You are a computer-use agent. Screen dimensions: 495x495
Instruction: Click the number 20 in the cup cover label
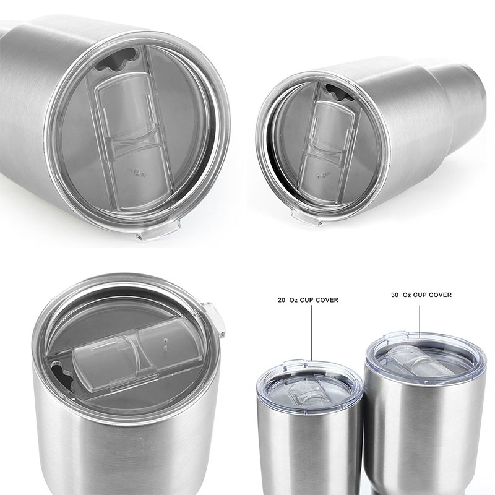(282, 300)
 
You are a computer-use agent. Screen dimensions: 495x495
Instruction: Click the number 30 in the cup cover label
(395, 295)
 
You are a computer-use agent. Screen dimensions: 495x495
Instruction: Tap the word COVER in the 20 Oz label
(327, 300)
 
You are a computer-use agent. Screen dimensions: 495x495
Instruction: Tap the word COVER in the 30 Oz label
(441, 295)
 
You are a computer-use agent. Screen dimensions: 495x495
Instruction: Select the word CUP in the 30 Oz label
(420, 295)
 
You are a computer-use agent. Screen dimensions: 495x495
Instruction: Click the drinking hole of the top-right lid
(339, 92)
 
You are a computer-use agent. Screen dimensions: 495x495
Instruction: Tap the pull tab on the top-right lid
(306, 218)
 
